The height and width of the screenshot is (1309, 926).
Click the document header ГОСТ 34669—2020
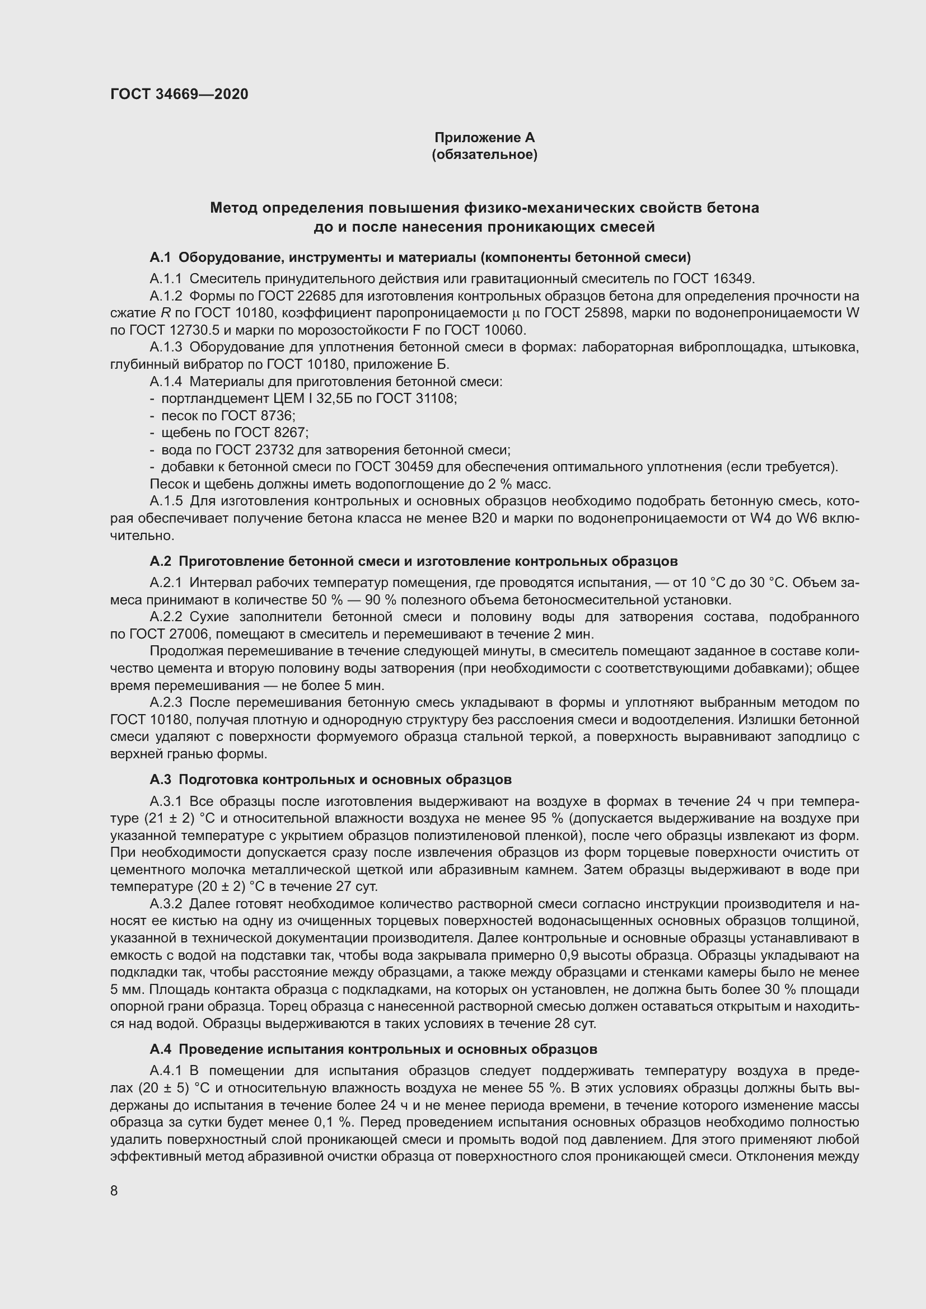click(x=179, y=94)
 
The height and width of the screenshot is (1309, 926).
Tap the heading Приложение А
click(x=484, y=138)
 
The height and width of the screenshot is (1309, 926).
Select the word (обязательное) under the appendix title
click(x=484, y=154)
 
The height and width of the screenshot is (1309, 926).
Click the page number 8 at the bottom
click(x=114, y=1190)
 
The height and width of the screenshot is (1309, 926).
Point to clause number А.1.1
click(x=165, y=279)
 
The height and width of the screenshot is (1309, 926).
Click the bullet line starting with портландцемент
click(x=308, y=398)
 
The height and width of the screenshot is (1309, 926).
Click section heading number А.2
click(x=160, y=561)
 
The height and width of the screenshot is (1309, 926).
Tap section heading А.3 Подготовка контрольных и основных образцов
click(x=330, y=779)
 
